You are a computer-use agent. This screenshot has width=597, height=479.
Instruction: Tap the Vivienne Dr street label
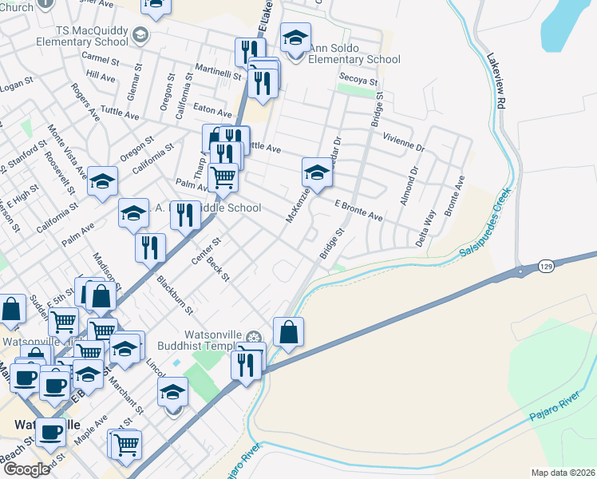pyautogui.click(x=403, y=141)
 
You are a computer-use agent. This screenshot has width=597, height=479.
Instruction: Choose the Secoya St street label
pyautogui.click(x=357, y=78)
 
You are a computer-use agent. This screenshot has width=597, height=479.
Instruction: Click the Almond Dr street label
pyautogui.click(x=409, y=186)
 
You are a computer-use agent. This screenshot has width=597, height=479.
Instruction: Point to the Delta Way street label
pyautogui.click(x=427, y=227)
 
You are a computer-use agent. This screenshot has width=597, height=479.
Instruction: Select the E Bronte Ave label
pyautogui.click(x=358, y=211)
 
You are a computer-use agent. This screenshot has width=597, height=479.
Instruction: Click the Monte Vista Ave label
pyautogui.click(x=67, y=150)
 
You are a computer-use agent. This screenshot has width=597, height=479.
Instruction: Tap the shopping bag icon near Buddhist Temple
pyautogui.click(x=288, y=331)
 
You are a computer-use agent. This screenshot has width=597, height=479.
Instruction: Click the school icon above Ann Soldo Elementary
pyautogui.click(x=295, y=38)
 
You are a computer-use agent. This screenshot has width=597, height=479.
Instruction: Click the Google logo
pyautogui.click(x=26, y=469)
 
